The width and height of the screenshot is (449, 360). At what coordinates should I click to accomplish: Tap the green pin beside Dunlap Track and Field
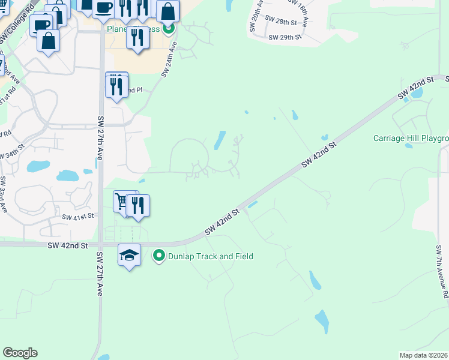159,256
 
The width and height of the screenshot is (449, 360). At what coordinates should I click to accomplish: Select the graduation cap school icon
129,256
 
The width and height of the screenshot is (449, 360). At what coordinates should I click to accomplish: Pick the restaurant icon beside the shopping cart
139,206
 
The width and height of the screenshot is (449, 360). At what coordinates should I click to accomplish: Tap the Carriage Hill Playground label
411,139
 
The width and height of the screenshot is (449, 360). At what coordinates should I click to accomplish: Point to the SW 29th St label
285,37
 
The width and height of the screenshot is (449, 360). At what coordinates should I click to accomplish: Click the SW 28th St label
283,22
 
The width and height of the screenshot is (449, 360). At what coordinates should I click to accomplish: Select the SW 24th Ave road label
170,59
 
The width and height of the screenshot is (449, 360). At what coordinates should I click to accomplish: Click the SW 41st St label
79,216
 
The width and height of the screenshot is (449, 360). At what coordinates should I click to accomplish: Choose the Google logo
20,353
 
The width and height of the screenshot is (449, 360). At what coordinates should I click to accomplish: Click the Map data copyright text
424,355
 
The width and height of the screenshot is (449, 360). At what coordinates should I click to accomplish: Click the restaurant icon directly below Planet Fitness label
138,37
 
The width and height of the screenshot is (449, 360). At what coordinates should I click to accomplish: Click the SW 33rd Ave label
3,195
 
